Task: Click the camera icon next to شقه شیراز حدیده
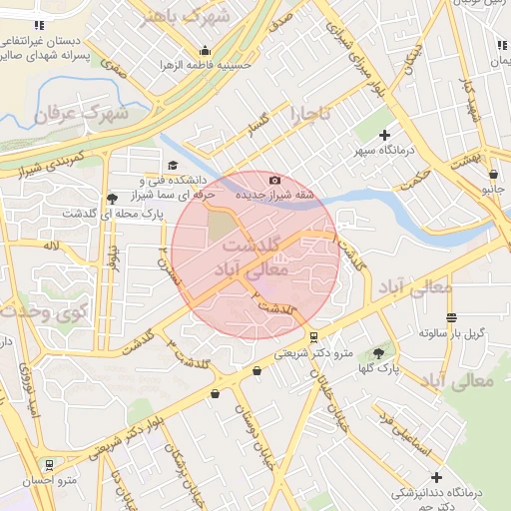[x=274, y=180]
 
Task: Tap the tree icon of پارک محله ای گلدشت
[x=112, y=198]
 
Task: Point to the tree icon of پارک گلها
[x=378, y=352]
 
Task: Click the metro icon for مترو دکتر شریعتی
[x=314, y=336]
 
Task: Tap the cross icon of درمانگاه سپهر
[x=385, y=135]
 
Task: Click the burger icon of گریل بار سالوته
[x=452, y=317]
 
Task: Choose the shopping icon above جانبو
[x=492, y=174]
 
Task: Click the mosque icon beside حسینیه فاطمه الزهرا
[x=205, y=51]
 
